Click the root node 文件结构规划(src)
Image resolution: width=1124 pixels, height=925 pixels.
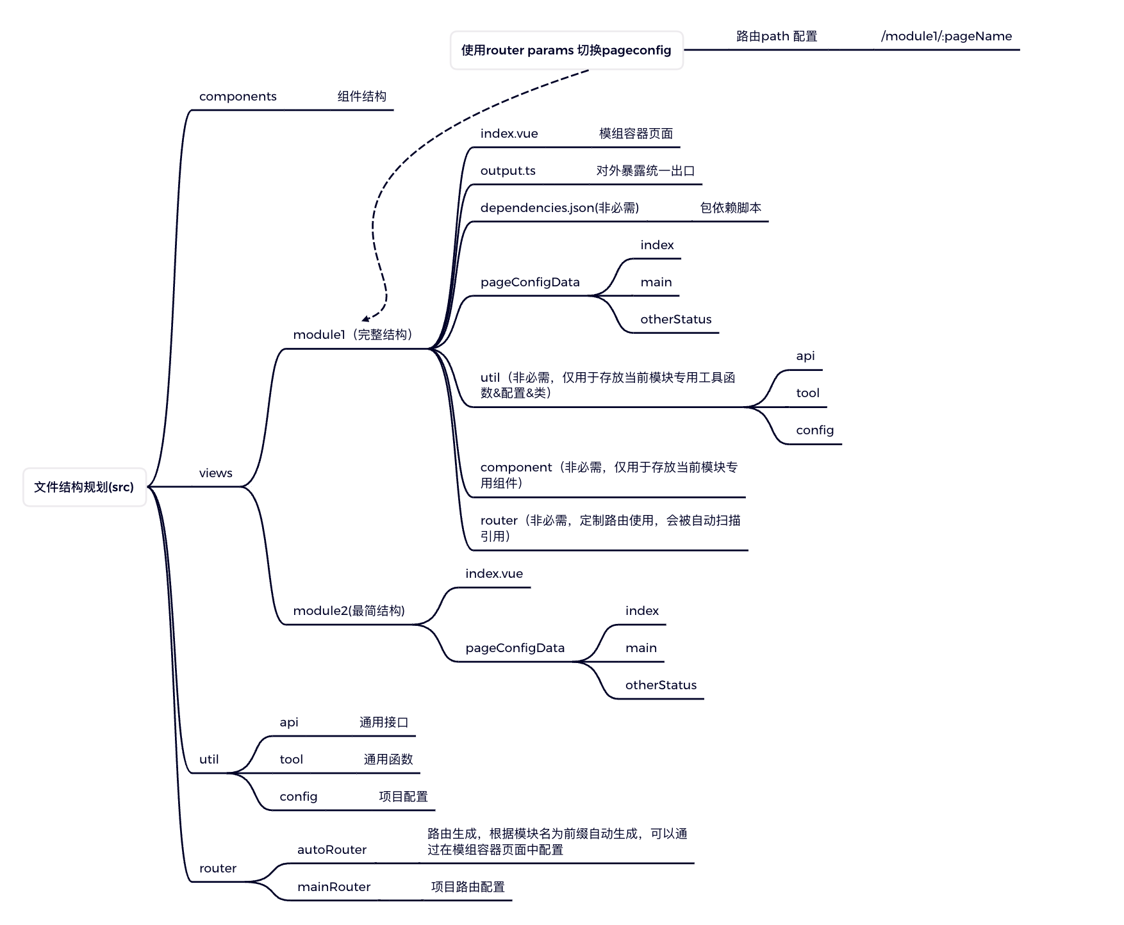coord(84,487)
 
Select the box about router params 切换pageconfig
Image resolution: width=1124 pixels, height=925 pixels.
coord(566,51)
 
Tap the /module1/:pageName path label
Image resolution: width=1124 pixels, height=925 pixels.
coord(946,37)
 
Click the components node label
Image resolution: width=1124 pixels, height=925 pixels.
coord(238,97)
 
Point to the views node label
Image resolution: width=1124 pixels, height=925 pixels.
coord(215,473)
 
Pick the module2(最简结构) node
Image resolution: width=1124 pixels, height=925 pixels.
coord(349,611)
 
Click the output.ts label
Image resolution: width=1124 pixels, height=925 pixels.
coord(508,171)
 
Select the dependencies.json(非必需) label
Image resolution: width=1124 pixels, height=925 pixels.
coord(559,208)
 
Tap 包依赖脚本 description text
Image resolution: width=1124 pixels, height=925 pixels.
coord(731,208)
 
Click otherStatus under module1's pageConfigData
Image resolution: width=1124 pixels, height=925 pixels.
coord(675,320)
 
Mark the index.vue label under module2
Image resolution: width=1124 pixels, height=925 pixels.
coord(494,574)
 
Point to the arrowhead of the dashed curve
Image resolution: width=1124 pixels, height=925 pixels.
coord(365,318)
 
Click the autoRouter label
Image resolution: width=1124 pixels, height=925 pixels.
coord(332,850)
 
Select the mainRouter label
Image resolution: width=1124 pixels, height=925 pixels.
coord(334,887)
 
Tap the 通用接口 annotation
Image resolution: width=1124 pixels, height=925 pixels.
coord(384,723)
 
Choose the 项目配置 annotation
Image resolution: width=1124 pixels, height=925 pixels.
coord(403,797)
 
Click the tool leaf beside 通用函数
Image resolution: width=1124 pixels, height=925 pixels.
coord(291,760)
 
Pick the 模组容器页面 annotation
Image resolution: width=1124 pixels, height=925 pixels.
coord(636,134)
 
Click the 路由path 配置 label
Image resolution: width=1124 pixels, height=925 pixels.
coord(777,37)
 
